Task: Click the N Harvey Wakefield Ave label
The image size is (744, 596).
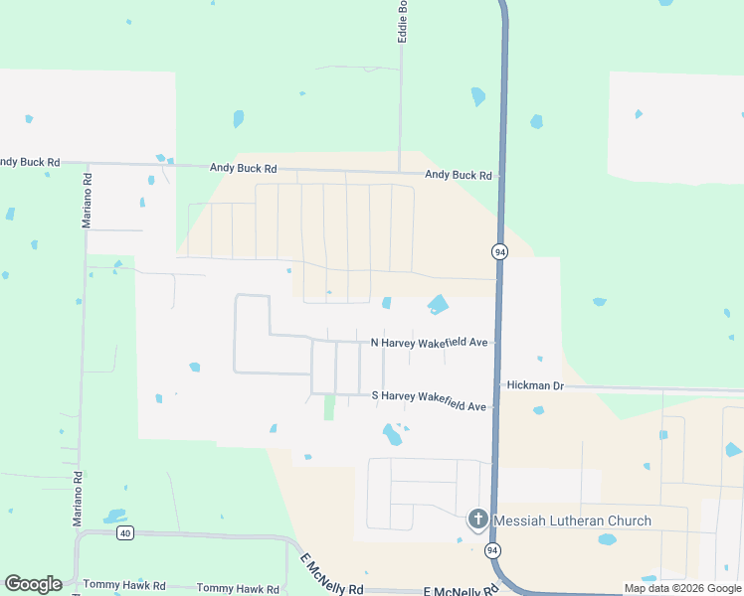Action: pos(429,343)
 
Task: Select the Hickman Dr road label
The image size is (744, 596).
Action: pos(535,384)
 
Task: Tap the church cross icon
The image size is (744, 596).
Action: pos(478,520)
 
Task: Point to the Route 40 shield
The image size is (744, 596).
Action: pos(124,533)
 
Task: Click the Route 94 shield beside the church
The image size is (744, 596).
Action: pos(491,549)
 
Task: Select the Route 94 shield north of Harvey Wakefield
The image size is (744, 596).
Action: pos(499,252)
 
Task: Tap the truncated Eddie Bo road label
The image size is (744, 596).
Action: pos(403,21)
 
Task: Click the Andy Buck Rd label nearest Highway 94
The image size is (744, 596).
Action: pos(459,175)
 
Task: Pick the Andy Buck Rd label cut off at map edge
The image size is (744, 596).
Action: pos(30,161)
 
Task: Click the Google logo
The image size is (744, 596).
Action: pos(33,584)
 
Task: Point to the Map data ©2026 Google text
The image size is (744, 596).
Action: pos(682,588)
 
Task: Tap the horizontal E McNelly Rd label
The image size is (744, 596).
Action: pos(460,591)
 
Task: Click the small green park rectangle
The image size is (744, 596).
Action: pos(329,407)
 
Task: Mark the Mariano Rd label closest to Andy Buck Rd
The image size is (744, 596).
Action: pos(88,202)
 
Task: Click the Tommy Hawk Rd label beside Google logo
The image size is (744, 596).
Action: pos(124,586)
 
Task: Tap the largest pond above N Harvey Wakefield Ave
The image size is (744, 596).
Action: pos(438,304)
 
